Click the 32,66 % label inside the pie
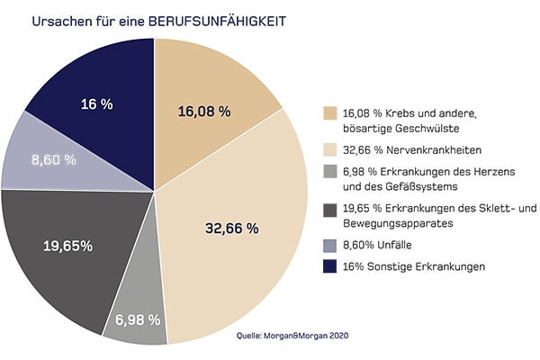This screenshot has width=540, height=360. click(x=231, y=228)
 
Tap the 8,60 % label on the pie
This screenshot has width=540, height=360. click(x=53, y=160)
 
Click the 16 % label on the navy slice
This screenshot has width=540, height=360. click(x=97, y=104)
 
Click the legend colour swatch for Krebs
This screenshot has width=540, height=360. click(x=331, y=114)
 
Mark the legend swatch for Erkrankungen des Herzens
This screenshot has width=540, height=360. click(x=331, y=172)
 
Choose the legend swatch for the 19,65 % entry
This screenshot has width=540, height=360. click(x=331, y=210)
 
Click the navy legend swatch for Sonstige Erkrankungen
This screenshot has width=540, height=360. click(x=331, y=267)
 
